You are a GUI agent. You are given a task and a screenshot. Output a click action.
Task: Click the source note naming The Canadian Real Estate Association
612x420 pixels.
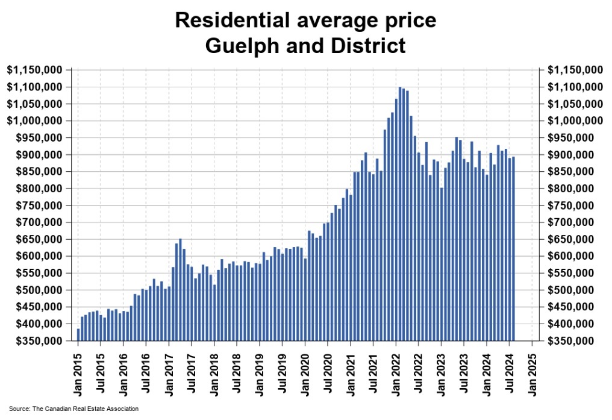(x=73, y=409)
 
